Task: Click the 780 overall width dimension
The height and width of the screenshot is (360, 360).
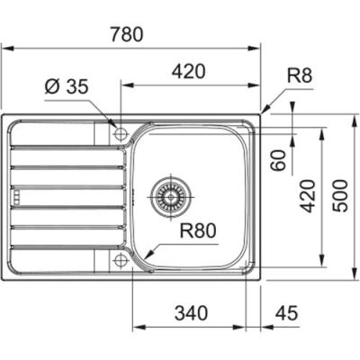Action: (126, 34)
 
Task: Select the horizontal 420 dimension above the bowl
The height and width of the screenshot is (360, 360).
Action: (189, 71)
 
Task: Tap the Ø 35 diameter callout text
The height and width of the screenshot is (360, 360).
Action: (67, 86)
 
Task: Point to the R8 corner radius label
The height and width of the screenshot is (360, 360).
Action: (300, 76)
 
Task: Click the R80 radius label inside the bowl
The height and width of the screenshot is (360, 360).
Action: (198, 231)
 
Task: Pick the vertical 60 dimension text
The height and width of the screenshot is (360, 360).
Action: (279, 160)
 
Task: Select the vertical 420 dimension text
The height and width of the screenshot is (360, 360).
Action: (309, 196)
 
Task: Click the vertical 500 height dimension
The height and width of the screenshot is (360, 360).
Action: (340, 196)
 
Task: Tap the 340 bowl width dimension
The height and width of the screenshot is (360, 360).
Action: (191, 313)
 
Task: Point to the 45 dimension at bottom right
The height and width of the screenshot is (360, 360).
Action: (286, 313)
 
